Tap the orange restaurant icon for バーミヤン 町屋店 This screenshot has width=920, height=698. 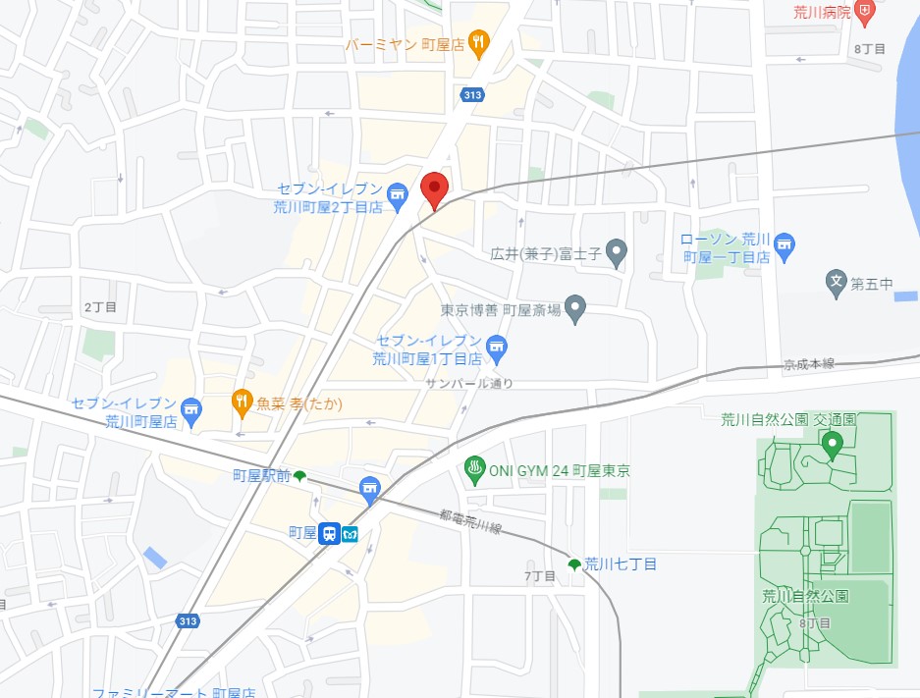tap(478, 42)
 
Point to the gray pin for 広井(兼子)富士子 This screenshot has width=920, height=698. tap(616, 253)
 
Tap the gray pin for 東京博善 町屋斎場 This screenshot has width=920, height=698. tap(575, 309)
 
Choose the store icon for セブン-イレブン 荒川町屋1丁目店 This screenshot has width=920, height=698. tap(497, 346)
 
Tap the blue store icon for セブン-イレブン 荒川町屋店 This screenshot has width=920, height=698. tap(190, 412)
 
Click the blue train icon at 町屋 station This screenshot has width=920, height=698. tap(330, 534)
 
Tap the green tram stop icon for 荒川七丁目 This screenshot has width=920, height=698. tap(574, 564)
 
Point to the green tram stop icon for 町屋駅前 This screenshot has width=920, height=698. tap(299, 476)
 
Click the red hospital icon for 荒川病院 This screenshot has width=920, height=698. tap(864, 12)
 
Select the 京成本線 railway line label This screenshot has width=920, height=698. tap(808, 364)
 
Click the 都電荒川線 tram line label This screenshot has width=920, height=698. tap(470, 521)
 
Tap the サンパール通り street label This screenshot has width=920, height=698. tap(469, 383)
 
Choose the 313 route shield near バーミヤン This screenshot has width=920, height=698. tap(468, 93)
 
